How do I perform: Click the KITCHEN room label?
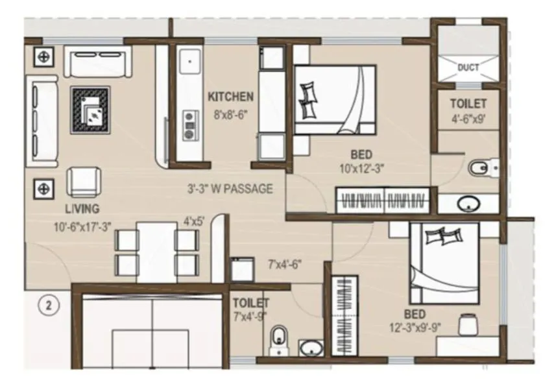(230, 97)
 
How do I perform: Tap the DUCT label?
(468, 67)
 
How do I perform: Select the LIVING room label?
(82, 209)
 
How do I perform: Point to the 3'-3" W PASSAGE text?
(230, 190)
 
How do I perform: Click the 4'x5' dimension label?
(194, 221)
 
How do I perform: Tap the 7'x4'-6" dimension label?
(285, 265)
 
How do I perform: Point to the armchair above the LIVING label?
(84, 182)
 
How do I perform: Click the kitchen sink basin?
(189, 62)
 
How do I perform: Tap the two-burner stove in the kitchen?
(189, 125)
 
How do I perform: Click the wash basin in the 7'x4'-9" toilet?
(311, 348)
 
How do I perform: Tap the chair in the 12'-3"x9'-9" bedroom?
(467, 324)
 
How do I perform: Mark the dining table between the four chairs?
(156, 251)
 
